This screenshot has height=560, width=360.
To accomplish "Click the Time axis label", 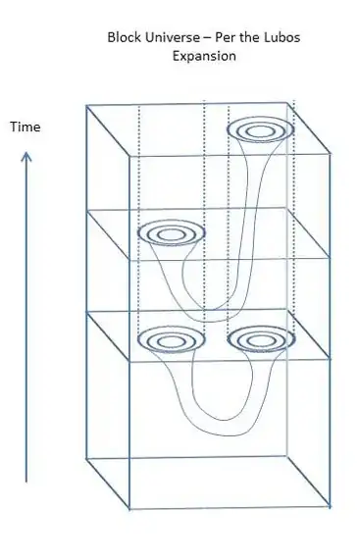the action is click(25, 127).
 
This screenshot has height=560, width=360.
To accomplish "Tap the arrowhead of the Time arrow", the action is click(26, 153).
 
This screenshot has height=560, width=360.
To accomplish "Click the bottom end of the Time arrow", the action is click(26, 482).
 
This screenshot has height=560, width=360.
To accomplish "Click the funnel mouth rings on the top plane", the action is click(261, 129).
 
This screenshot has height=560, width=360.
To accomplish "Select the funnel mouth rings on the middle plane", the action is click(171, 234).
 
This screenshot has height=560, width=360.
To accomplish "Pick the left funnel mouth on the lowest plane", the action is click(171, 340).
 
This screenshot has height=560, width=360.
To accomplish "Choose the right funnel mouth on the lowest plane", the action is click(261, 340).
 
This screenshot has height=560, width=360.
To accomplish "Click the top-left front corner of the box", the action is click(86, 104).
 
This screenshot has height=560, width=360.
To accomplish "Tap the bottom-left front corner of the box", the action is click(131, 509).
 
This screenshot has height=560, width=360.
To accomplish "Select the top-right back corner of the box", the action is click(293, 100).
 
